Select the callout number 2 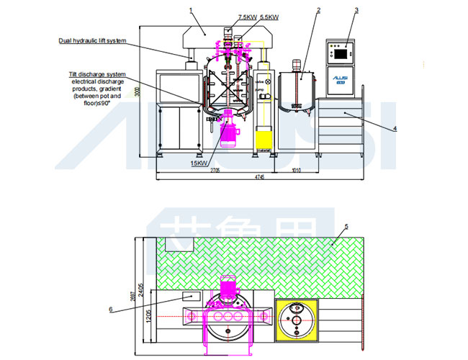pos(318,10)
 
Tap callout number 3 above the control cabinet pos(356,10)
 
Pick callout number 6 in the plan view pos(111,310)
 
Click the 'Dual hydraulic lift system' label pos(92,41)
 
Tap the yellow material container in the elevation pos(264,137)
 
